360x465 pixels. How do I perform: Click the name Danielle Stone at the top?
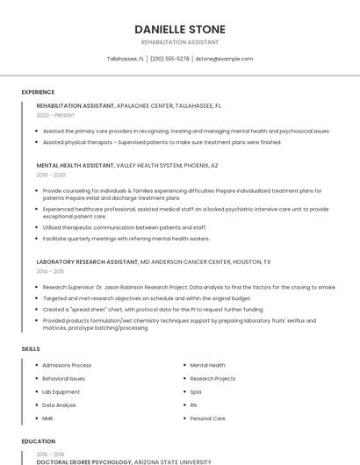tap(179, 29)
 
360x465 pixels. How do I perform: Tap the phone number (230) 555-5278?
tap(169, 59)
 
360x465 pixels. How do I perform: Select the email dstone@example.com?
tap(224, 59)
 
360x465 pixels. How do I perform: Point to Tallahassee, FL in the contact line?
tap(126, 59)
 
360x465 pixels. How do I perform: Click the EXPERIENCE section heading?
tap(38, 92)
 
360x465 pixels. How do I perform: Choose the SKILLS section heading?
tap(31, 349)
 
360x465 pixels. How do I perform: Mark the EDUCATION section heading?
tap(38, 441)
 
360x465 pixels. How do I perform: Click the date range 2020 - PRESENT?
tap(56, 115)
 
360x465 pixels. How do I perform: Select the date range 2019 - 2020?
tap(51, 175)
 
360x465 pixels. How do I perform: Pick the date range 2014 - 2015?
tap(50, 271)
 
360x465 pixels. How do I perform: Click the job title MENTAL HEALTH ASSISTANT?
tap(76, 165)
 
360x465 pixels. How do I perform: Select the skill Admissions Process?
tap(67, 365)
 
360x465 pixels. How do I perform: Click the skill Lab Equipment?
tap(61, 391)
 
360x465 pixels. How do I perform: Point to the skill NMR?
tap(48, 418)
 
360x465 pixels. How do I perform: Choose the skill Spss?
tap(196, 391)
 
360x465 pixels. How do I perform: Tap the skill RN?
tap(194, 405)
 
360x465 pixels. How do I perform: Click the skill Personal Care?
tap(207, 418)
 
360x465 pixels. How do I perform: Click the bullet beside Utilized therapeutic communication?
tap(38, 227)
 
